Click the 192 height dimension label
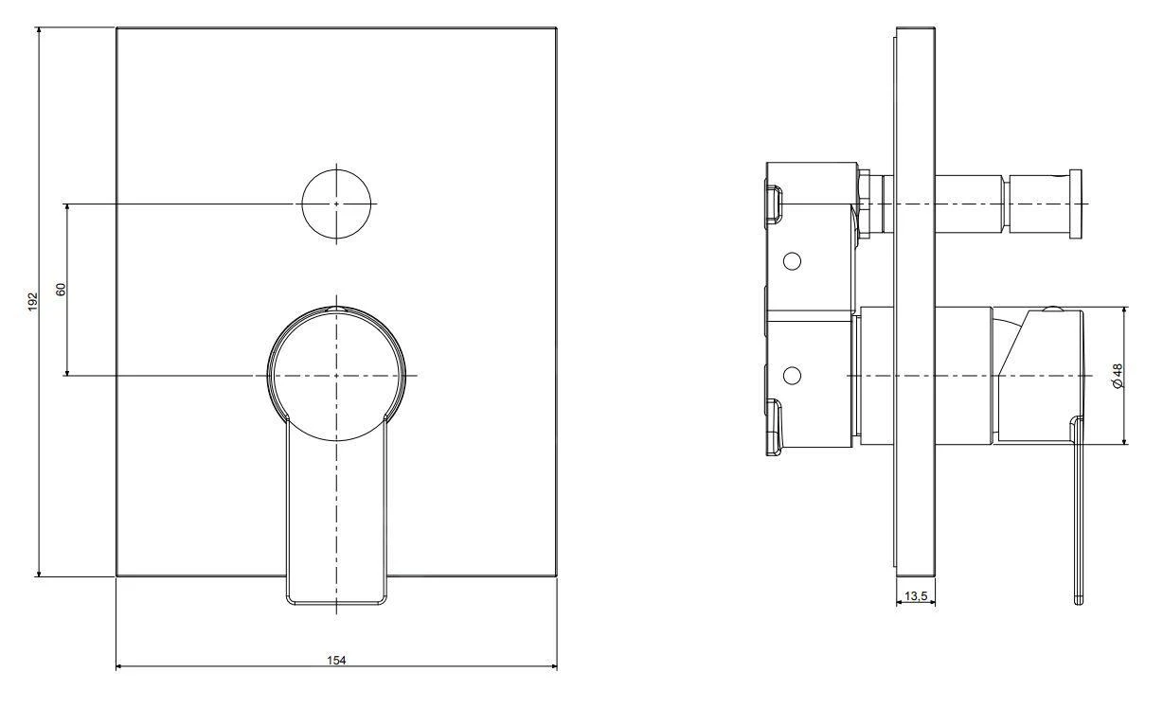[31, 301]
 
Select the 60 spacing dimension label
[62, 290]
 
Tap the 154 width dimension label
[337, 660]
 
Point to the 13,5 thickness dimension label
[915, 596]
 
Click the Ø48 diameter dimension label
[1118, 376]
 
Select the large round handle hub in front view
[337, 375]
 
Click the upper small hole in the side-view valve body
[794, 260]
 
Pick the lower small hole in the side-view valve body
[794, 376]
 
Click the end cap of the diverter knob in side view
[1075, 204]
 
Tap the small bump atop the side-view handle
[1050, 310]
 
